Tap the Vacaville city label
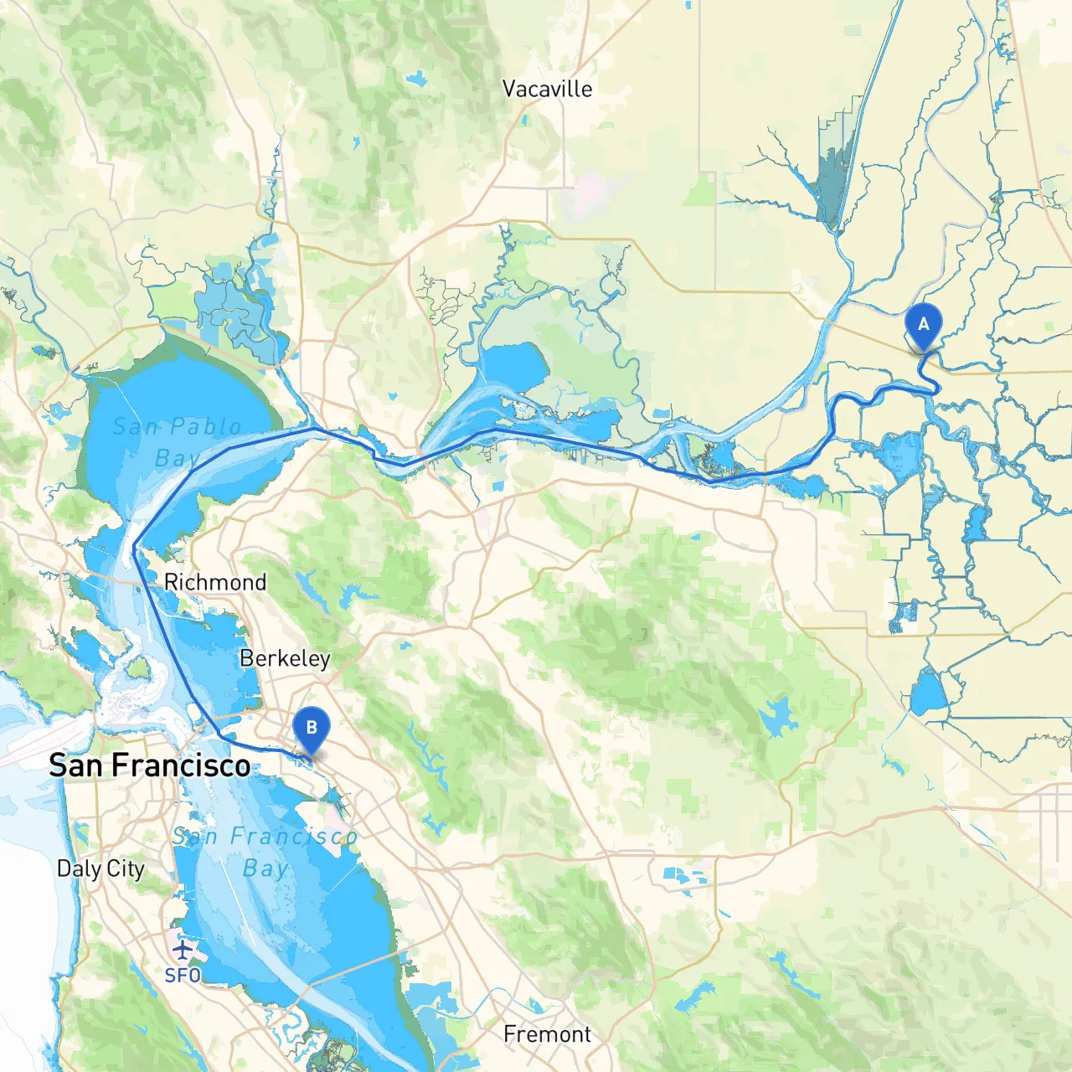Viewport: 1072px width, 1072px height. (547, 89)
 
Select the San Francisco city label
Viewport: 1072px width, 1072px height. (149, 765)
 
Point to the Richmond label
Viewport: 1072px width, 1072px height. (215, 581)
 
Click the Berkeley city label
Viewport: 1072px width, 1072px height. (285, 658)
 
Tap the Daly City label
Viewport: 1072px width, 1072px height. (100, 868)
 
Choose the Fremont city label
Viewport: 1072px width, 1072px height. (547, 1034)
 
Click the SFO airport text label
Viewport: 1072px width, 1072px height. (182, 976)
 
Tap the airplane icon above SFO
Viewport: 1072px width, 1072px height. (182, 950)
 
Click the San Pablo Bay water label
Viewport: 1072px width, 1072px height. (177, 441)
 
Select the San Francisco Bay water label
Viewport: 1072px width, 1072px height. (265, 852)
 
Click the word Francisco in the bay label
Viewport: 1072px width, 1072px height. (294, 836)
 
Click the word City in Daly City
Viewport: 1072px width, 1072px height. (125, 868)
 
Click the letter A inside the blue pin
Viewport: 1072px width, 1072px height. (923, 324)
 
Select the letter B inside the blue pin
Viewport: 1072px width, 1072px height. (311, 727)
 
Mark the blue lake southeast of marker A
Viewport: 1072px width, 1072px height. (927, 692)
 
